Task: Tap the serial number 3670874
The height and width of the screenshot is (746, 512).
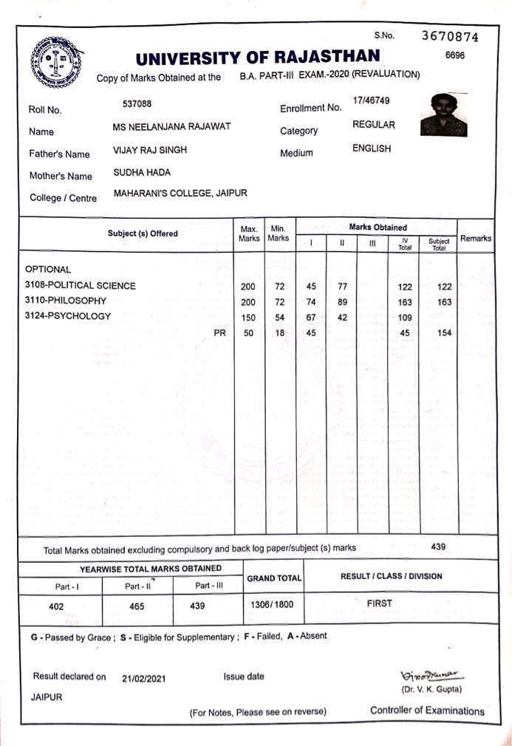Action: tap(450, 36)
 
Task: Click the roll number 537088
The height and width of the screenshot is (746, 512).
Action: tap(137, 104)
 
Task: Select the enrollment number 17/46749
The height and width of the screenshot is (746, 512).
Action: tap(371, 100)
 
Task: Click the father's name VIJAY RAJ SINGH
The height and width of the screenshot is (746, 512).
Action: tap(149, 150)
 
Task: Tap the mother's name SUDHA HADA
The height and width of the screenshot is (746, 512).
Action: tap(141, 171)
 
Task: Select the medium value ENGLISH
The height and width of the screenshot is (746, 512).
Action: tap(372, 148)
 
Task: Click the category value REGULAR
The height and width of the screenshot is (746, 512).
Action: tap(373, 125)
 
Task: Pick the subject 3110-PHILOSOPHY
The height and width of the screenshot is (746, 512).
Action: tap(66, 301)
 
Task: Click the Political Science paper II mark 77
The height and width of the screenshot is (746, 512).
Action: tap(342, 286)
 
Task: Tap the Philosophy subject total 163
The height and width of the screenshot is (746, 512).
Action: tap(443, 301)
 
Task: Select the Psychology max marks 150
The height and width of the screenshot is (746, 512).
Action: tap(248, 317)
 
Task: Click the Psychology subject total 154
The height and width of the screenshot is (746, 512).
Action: tap(443, 333)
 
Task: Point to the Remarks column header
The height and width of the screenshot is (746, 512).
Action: tap(476, 239)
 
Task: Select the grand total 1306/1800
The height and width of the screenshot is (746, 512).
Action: tap(272, 604)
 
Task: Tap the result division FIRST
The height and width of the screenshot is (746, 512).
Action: tap(379, 603)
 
